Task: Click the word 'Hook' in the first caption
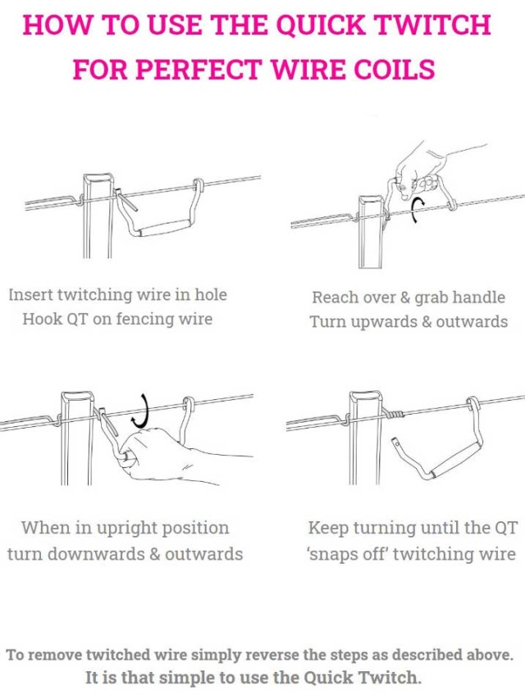tap(41, 320)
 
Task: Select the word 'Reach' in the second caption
tap(337, 297)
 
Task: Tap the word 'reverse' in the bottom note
tap(279, 655)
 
